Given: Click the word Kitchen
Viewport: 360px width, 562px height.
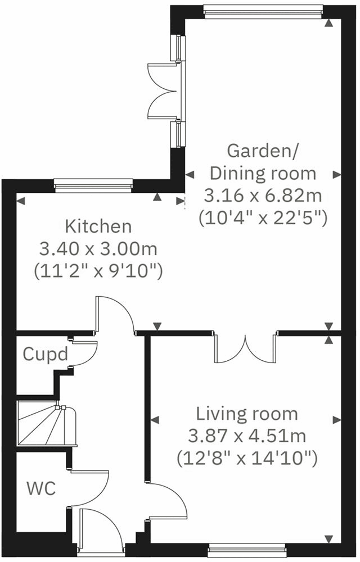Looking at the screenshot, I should (x=98, y=226).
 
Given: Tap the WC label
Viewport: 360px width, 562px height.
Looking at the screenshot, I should (x=41, y=488).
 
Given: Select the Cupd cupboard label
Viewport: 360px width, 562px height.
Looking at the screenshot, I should (x=46, y=355).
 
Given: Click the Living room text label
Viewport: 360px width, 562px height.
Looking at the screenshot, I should (x=246, y=414).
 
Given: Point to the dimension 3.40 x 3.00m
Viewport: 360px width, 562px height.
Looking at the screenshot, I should (x=98, y=248).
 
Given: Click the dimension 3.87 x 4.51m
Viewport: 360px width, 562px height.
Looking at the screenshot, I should (x=246, y=436).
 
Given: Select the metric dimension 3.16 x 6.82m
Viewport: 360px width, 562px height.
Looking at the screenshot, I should (x=262, y=196).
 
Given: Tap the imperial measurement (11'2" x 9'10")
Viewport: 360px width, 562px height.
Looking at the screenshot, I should (x=98, y=271).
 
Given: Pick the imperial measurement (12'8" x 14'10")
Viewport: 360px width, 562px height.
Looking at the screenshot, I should (x=246, y=458).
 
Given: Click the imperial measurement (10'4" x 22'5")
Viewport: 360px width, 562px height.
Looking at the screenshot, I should (x=262, y=218).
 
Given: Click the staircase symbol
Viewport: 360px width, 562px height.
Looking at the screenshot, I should (x=46, y=424).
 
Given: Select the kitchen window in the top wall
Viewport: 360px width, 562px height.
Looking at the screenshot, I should (x=93, y=183).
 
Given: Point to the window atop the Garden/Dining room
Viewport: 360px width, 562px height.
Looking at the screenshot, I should (x=263, y=8).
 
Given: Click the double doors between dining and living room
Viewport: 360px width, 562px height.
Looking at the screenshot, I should (x=245, y=348).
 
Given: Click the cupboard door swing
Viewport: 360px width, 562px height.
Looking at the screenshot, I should (x=84, y=351).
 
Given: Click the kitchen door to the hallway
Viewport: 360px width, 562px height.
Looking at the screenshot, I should (x=115, y=315).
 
